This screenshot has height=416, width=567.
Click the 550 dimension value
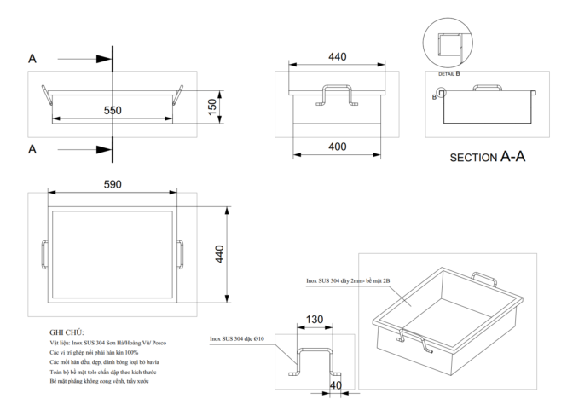[113, 111]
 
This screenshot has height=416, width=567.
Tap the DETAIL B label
[449, 73]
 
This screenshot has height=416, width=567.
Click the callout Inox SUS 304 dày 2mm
[347, 280]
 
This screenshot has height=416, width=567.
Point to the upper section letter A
[32, 59]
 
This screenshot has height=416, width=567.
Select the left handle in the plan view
[45, 254]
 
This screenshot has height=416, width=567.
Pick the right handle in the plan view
[180, 254]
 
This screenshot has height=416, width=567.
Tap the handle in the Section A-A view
[486, 88]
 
